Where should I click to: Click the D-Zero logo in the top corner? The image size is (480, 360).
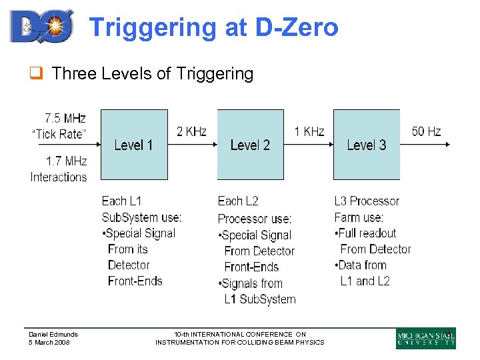(x=41, y=26)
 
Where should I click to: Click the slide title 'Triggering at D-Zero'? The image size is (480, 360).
(x=213, y=27)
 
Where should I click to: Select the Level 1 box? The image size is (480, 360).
(x=134, y=145)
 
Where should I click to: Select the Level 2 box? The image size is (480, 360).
(x=250, y=145)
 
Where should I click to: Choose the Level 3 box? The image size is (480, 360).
(x=366, y=145)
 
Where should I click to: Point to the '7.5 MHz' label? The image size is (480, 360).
(x=65, y=118)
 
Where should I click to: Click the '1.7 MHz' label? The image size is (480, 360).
(x=66, y=161)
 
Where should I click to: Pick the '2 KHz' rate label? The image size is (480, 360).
(x=191, y=131)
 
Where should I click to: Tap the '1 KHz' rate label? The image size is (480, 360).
(x=309, y=131)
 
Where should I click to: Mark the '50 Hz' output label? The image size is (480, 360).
(x=427, y=131)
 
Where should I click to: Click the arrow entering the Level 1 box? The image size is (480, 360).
(x=93, y=144)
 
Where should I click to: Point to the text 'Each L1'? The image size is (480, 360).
(x=121, y=201)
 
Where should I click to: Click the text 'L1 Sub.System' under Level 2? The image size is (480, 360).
(x=260, y=299)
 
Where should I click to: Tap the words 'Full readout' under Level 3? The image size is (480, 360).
(x=367, y=233)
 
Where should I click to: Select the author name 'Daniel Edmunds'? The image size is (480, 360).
(x=53, y=335)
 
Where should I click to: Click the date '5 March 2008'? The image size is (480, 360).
(x=49, y=343)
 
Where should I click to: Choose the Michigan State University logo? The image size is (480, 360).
(x=425, y=339)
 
